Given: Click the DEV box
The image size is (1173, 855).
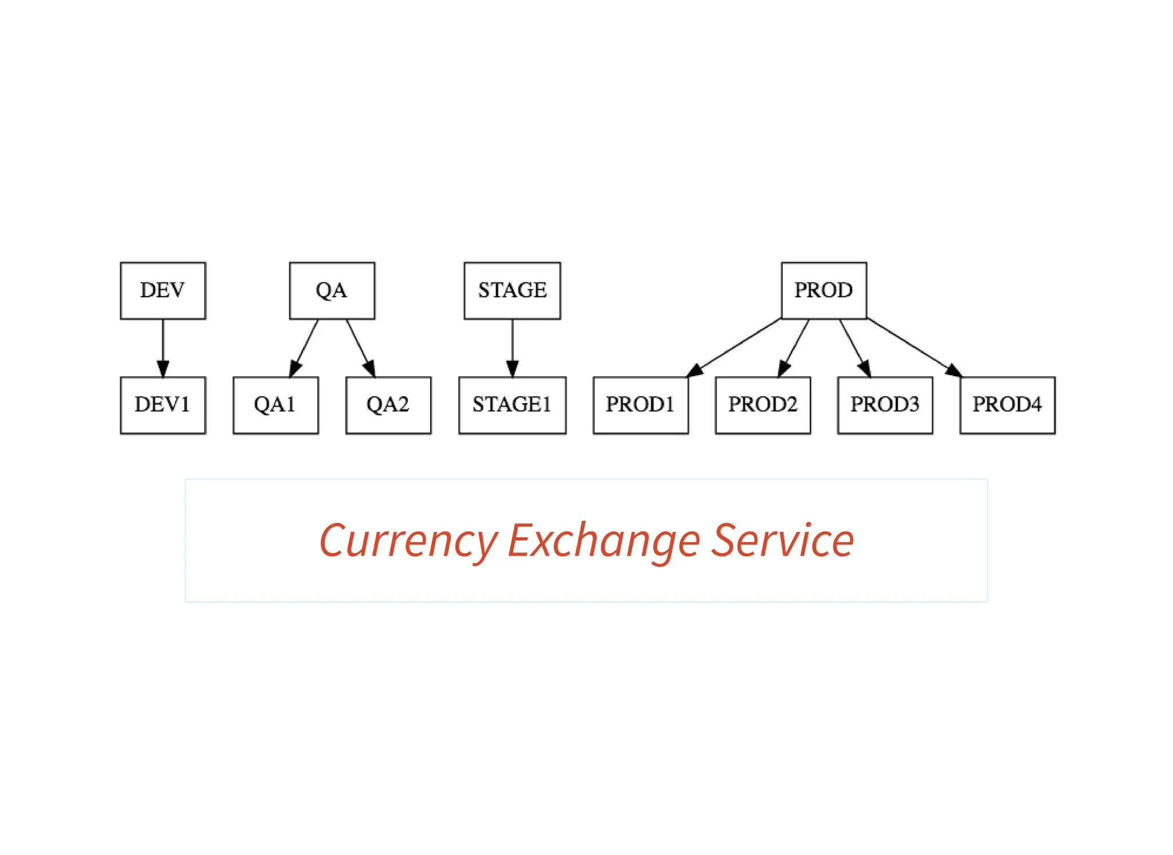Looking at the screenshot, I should pos(163,290).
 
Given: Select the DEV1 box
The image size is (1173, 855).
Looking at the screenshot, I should pos(163,405).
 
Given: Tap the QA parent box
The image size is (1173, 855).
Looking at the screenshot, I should pos(332,290).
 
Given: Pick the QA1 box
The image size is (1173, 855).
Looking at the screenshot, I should pos(275,405).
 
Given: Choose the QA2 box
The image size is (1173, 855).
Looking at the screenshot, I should pos(388,405).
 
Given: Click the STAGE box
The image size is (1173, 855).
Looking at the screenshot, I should pos(512,290).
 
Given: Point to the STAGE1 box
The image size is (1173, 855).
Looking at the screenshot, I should pos(512,405).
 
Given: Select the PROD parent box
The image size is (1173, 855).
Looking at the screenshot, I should pos(824,290).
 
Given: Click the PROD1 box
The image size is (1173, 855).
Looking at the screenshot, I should pos(640,405).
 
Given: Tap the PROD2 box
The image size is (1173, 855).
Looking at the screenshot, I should pos(763,405).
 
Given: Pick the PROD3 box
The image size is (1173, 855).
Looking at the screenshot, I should pos(885,405).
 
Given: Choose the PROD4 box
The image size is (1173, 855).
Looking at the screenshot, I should pos(1007,405).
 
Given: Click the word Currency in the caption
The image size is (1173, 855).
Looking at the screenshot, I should pos(408,541).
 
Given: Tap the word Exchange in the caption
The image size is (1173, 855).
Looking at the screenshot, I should pos(603,541).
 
